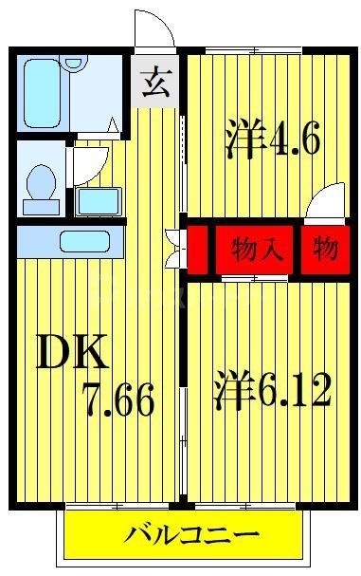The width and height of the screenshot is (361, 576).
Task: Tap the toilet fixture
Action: click(41, 185)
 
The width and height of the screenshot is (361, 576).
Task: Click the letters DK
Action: click(73, 354)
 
